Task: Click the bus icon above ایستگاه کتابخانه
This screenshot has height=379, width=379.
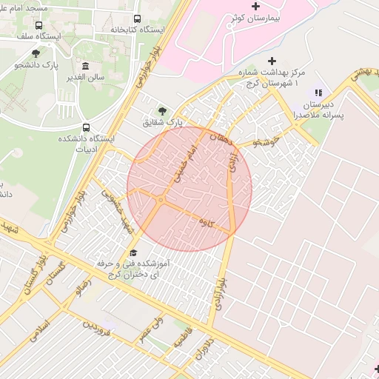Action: [x=137, y=19]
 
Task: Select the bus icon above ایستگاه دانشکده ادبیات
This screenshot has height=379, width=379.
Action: [x=87, y=127]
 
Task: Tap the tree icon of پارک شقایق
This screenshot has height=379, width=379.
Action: [x=162, y=110]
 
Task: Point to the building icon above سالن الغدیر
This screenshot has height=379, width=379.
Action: [x=86, y=66]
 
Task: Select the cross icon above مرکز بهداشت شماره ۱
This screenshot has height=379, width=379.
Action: [x=272, y=61]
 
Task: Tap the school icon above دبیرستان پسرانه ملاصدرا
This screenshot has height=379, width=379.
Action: [x=318, y=93]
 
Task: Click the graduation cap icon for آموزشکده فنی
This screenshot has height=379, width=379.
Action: [x=133, y=253]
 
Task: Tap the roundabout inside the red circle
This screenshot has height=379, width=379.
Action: [x=161, y=200]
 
